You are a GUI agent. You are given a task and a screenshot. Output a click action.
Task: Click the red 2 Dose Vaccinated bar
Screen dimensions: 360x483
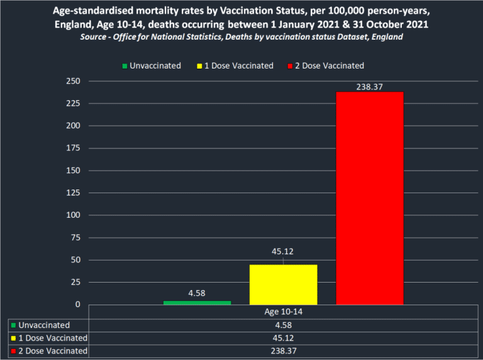pyautogui.click(x=369, y=198)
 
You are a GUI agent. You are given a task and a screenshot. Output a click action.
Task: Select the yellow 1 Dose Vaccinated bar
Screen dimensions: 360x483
pyautogui.click(x=283, y=284)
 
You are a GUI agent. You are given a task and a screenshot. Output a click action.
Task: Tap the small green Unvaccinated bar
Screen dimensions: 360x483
pyautogui.click(x=197, y=302)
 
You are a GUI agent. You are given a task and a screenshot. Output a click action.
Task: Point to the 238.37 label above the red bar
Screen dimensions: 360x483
pyautogui.click(x=369, y=85)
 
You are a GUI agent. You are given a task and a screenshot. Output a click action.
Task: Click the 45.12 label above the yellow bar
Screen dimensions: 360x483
pyautogui.click(x=283, y=252)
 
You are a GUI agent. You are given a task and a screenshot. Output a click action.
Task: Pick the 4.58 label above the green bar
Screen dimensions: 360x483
pyautogui.click(x=197, y=292)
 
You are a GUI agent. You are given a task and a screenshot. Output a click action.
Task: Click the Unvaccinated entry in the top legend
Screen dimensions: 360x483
pyautogui.click(x=155, y=65)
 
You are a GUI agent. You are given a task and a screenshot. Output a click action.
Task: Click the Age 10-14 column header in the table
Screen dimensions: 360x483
pyautogui.click(x=283, y=312)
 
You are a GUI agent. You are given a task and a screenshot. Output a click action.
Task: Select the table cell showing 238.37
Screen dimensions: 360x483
pyautogui.click(x=283, y=351)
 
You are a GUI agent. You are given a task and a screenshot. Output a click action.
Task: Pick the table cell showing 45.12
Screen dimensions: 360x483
pyautogui.click(x=283, y=338)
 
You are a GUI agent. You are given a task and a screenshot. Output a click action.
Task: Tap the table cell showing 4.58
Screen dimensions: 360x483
pyautogui.click(x=283, y=325)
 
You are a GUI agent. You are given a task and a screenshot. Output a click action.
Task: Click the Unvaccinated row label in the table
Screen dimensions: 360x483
pyautogui.click(x=45, y=325)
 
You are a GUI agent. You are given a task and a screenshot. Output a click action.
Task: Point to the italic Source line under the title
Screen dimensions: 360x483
pyautogui.click(x=241, y=37)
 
